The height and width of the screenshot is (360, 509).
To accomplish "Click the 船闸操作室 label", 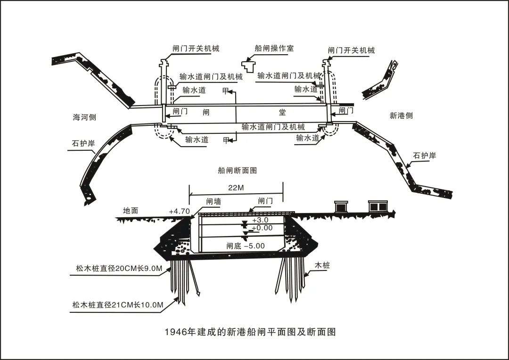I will pyautogui.click(x=274, y=48).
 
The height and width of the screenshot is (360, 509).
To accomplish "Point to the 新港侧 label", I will pyautogui.click(x=401, y=115).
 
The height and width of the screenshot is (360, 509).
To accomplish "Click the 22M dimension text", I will pyautogui.click(x=236, y=188).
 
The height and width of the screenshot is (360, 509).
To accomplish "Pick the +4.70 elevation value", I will pyautogui.click(x=179, y=211).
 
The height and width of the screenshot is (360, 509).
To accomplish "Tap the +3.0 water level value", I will pyautogui.click(x=260, y=220).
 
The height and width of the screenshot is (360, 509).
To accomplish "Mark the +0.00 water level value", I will pyautogui.click(x=262, y=228).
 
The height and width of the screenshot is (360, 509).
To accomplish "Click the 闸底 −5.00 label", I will pyautogui.click(x=246, y=245).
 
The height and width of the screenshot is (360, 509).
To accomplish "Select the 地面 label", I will pyautogui.click(x=131, y=211).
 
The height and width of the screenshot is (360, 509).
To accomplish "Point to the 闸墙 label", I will pyautogui.click(x=213, y=201).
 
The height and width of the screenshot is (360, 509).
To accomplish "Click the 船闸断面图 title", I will pyautogui.click(x=238, y=171).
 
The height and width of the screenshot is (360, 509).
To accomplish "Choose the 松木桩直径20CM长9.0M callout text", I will pyautogui.click(x=119, y=269).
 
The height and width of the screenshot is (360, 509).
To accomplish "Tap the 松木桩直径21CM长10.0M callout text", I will pyautogui.click(x=118, y=305).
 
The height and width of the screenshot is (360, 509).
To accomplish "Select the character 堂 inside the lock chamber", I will pyautogui.click(x=282, y=112).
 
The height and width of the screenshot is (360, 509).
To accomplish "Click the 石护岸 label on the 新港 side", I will pyautogui.click(x=425, y=155).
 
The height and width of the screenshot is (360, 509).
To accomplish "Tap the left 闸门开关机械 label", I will pyautogui.click(x=196, y=49).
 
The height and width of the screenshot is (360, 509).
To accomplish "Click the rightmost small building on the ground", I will pyautogui.click(x=377, y=206).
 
